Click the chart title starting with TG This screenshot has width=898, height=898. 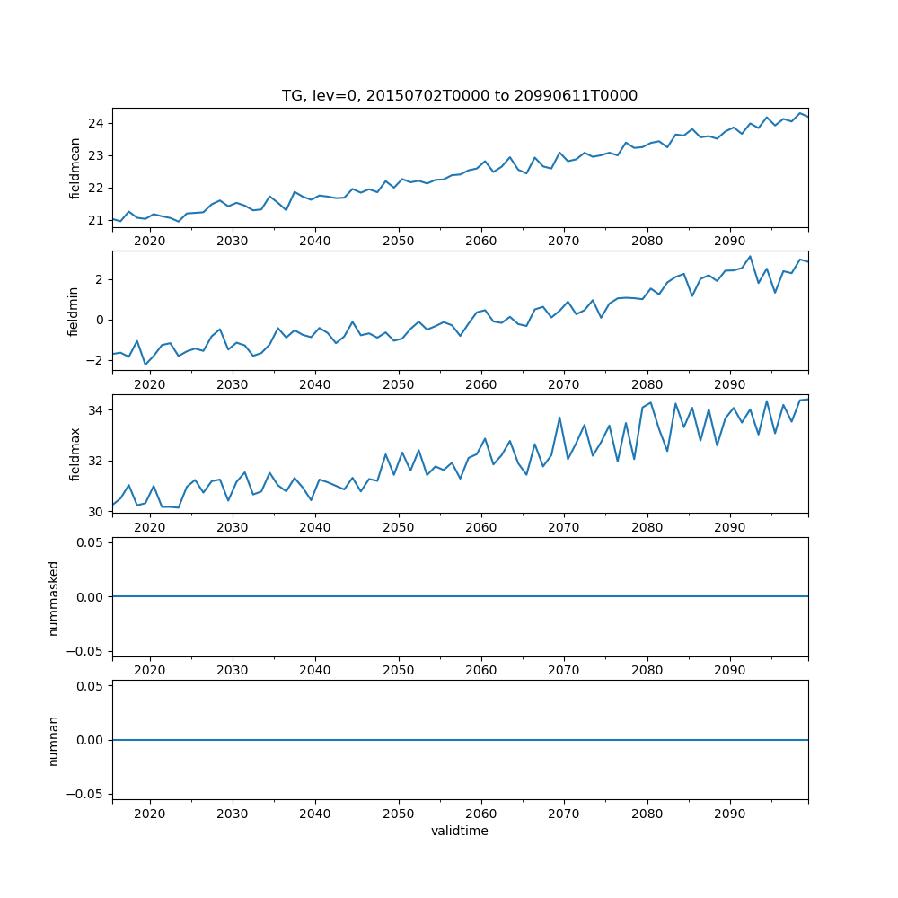(x=460, y=96)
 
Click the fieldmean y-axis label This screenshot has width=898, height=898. (x=75, y=168)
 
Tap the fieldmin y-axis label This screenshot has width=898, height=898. (x=75, y=311)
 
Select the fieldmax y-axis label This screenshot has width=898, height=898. (x=75, y=454)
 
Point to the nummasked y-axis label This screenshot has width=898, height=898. (x=54, y=597)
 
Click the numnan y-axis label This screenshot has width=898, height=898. (x=54, y=740)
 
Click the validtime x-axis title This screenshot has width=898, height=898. (x=460, y=832)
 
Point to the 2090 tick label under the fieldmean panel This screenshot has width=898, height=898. (x=729, y=242)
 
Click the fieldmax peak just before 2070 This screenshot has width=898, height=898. (x=559, y=418)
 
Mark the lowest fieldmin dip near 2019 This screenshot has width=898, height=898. (x=145, y=365)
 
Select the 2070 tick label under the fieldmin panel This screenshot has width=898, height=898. (x=564, y=384)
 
